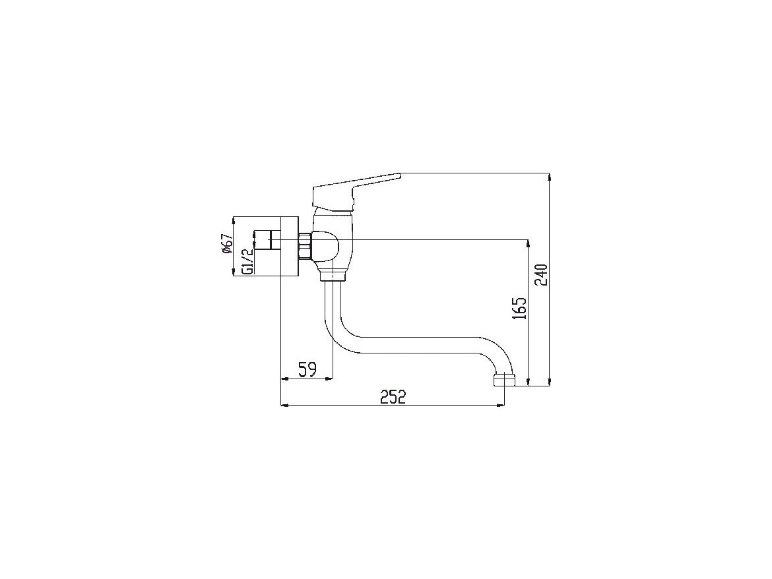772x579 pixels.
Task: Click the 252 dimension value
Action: (x=393, y=396)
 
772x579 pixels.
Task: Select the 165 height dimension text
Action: (x=519, y=308)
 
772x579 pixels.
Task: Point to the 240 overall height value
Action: (x=541, y=275)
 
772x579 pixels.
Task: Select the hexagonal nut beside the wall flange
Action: (x=304, y=247)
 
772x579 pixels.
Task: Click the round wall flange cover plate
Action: (x=289, y=246)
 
